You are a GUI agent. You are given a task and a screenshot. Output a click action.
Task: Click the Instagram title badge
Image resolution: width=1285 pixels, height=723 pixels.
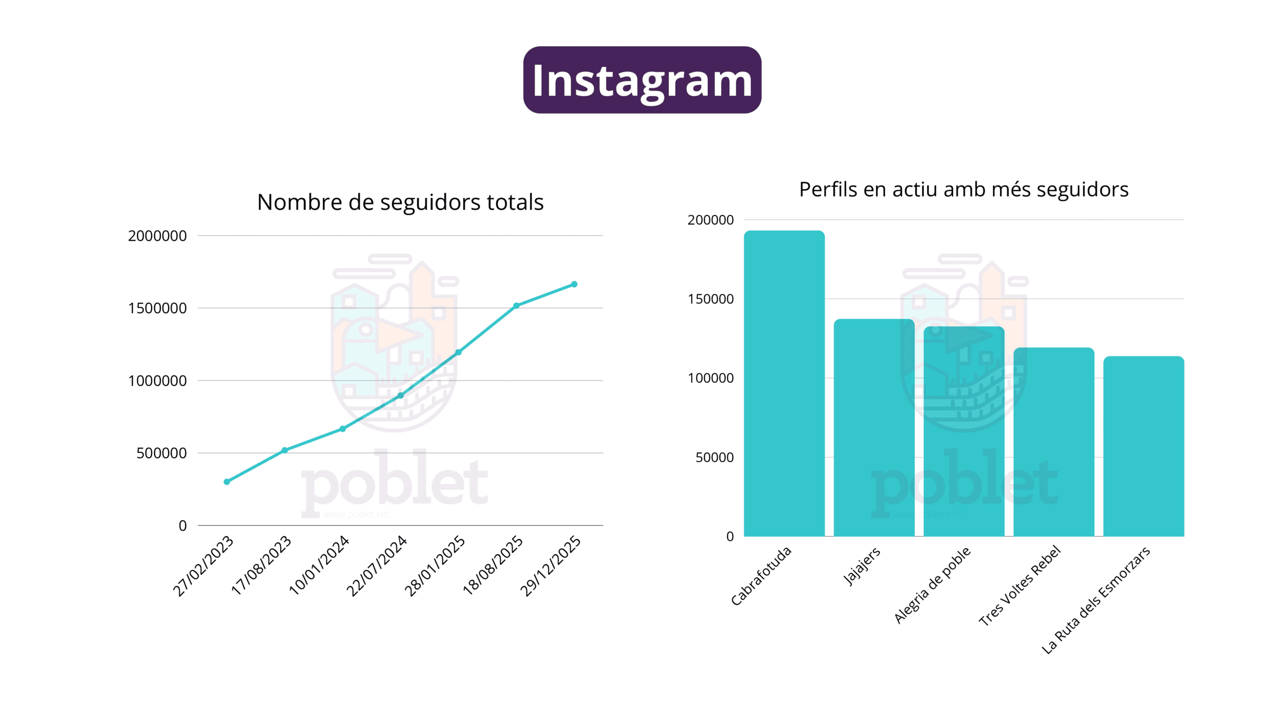(x=642, y=80)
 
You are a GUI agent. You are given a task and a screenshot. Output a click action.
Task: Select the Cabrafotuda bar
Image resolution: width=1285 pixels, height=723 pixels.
(x=784, y=384)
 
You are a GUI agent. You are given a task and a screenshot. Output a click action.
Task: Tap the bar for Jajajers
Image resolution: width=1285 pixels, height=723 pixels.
(x=874, y=428)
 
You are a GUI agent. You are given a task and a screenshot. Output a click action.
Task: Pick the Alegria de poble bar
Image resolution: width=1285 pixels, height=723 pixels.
(x=964, y=432)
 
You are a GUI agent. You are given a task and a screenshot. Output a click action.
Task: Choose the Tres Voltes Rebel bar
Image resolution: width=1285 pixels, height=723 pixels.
(x=1054, y=442)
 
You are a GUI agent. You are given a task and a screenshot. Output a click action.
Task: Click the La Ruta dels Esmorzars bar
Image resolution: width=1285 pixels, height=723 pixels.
(x=1143, y=446)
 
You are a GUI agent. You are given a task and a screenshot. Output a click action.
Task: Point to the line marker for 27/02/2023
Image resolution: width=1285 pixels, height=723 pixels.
(x=227, y=481)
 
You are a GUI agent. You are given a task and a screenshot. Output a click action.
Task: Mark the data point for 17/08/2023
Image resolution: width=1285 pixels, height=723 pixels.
(x=285, y=450)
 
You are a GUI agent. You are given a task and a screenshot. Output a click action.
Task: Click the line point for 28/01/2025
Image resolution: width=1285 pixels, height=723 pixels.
(x=458, y=352)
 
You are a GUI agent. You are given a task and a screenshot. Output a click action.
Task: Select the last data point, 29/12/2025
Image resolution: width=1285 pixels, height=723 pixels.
(x=574, y=284)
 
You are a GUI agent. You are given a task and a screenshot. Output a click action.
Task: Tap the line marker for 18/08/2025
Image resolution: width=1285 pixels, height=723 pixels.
(x=517, y=306)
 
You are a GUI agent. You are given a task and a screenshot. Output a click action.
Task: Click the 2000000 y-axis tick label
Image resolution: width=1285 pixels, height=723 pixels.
(x=157, y=236)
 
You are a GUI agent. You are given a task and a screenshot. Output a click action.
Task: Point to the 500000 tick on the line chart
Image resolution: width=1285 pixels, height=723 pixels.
(x=161, y=453)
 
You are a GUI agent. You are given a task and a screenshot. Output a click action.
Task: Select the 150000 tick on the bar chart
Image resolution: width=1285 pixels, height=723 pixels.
(x=710, y=299)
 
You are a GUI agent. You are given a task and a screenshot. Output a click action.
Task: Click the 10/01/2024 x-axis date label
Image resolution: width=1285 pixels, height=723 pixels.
(x=319, y=565)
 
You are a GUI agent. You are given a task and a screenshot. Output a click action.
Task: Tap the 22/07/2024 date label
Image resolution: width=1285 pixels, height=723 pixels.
(x=377, y=565)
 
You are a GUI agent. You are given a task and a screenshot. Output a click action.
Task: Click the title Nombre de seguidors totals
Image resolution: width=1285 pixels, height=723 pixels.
(x=400, y=202)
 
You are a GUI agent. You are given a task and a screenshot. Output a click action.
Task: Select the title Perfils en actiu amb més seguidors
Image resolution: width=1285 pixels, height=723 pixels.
(x=963, y=190)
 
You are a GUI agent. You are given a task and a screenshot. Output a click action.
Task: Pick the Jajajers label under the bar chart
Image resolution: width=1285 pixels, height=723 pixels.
(x=862, y=566)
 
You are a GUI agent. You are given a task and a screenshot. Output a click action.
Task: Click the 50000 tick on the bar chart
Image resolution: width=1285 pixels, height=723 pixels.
(x=714, y=457)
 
